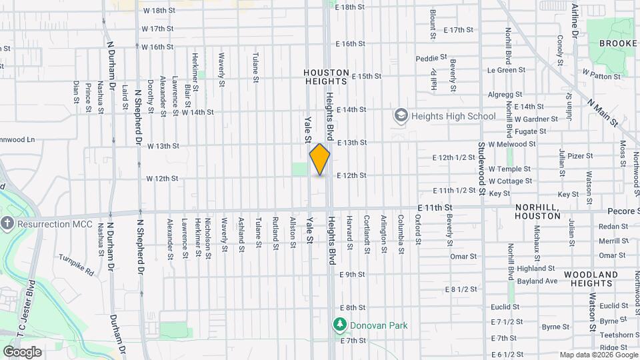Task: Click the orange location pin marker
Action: (320, 159)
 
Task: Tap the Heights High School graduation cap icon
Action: (401, 116)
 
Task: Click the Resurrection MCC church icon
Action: (7, 223)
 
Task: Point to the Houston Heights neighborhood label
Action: (326, 77)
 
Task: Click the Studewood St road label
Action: (481, 168)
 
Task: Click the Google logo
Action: (22, 352)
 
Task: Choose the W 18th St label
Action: (159, 11)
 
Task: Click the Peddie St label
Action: (430, 59)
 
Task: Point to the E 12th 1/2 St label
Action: (455, 158)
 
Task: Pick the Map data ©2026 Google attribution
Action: (598, 355)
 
